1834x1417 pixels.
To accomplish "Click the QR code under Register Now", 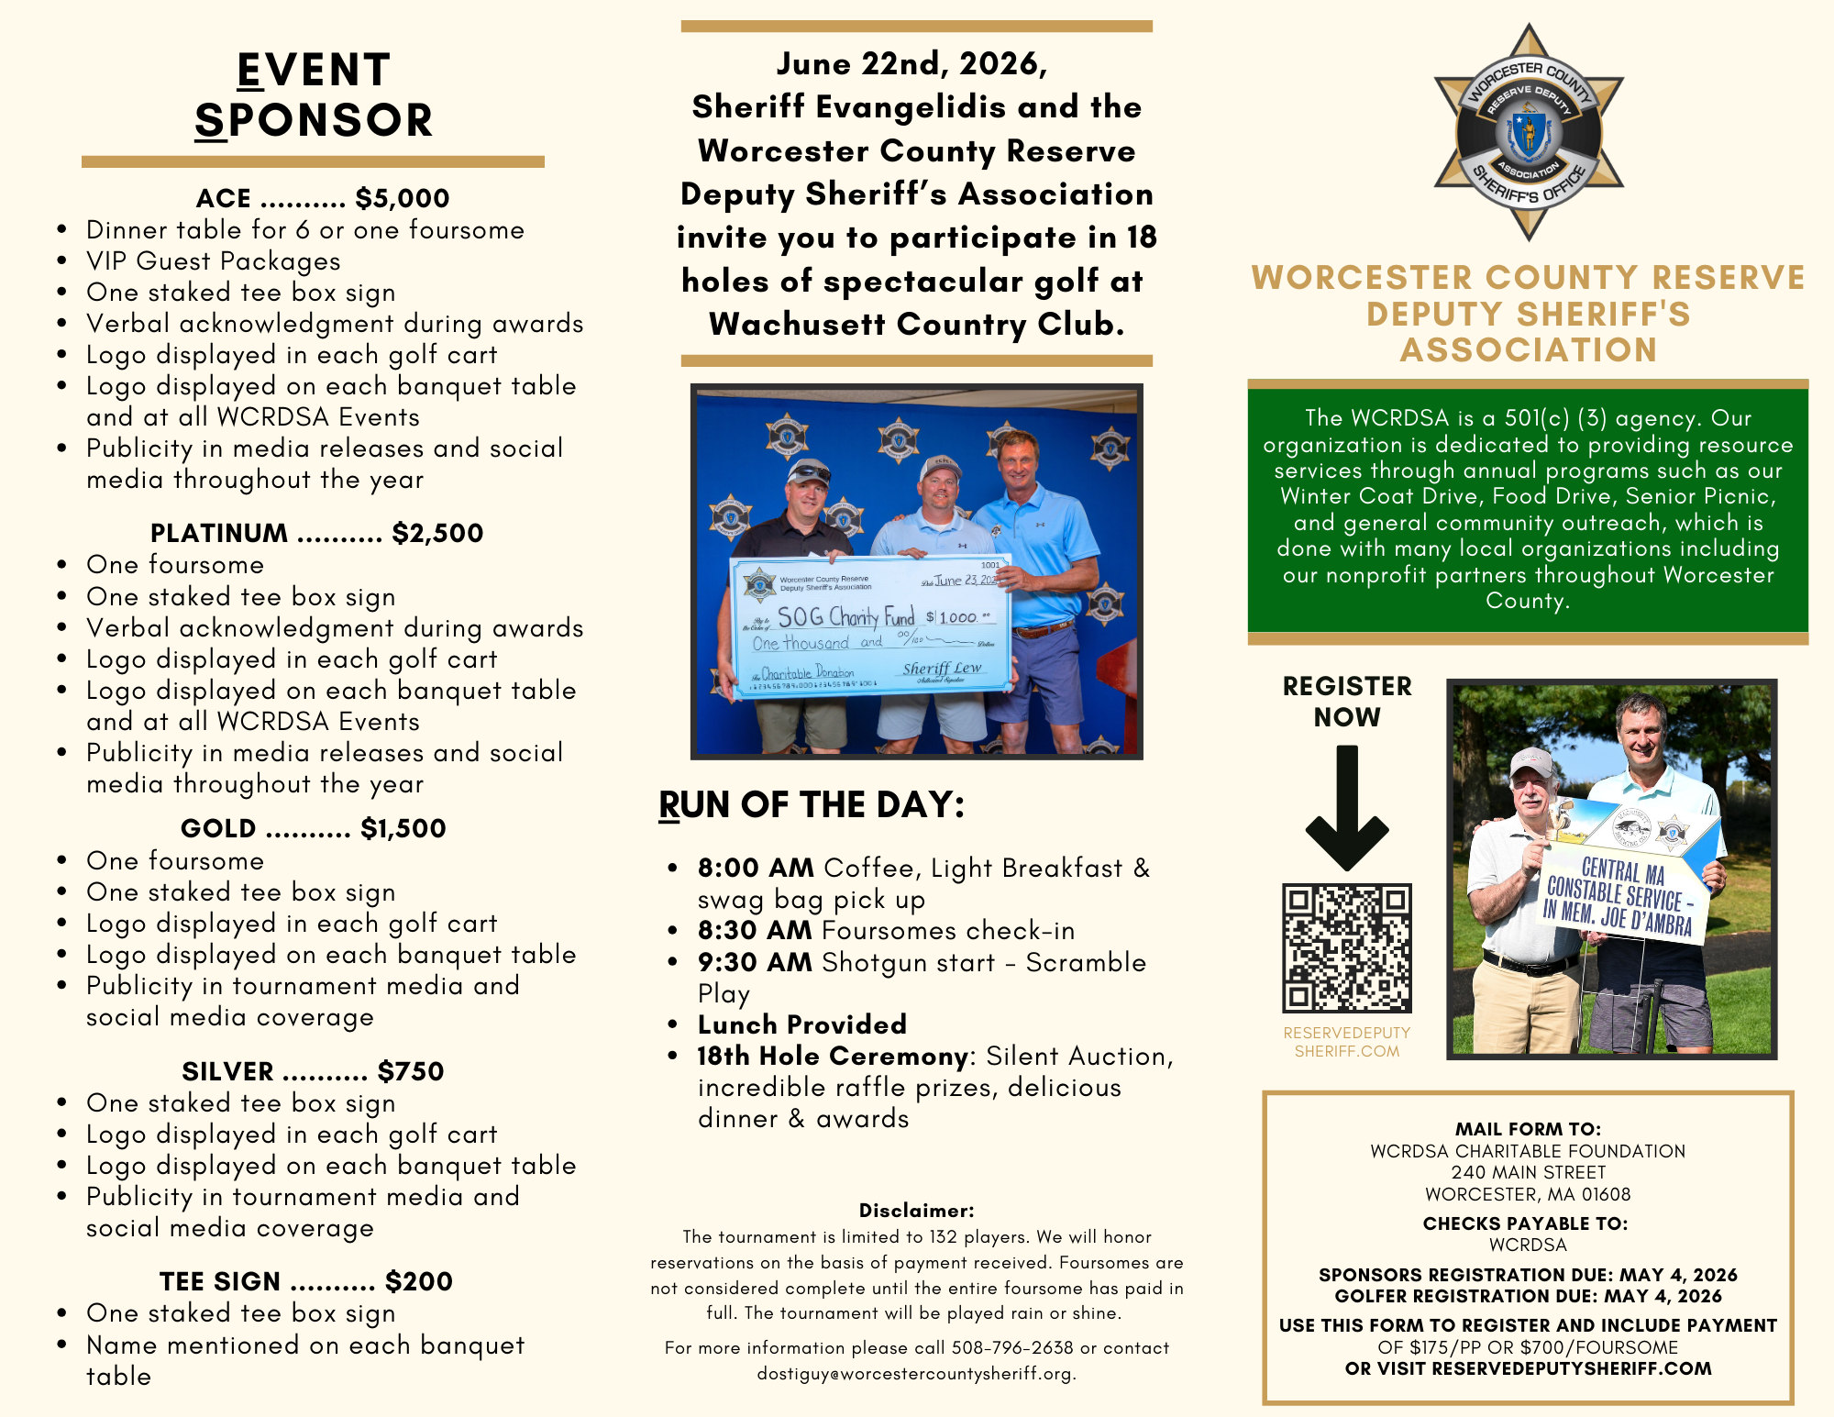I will pyautogui.click(x=1346, y=947).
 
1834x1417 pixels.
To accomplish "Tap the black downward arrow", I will pyautogui.click(x=1346, y=807).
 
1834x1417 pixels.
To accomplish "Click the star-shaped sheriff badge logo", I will pyautogui.click(x=1529, y=132).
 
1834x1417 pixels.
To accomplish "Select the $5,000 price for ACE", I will pyautogui.click(x=403, y=198).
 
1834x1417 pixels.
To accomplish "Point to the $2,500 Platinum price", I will pyautogui.click(x=437, y=533).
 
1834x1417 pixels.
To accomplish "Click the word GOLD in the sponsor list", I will pyautogui.click(x=218, y=828).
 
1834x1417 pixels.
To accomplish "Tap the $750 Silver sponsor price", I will pyautogui.click(x=411, y=1071).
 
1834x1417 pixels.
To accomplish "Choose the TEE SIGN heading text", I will pyautogui.click(x=220, y=1281).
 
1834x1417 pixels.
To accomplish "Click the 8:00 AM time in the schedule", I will pyautogui.click(x=756, y=868).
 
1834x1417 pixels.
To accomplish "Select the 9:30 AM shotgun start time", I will pyautogui.click(x=755, y=962).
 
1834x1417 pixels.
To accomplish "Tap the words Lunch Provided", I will pyautogui.click(x=802, y=1024).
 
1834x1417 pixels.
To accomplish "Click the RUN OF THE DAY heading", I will pyautogui.click(x=812, y=804).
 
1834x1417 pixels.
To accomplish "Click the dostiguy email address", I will pyautogui.click(x=916, y=1373).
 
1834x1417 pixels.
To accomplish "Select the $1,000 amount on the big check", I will pyautogui.click(x=958, y=617).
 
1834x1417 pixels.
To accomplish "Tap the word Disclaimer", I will pyautogui.click(x=916, y=1211).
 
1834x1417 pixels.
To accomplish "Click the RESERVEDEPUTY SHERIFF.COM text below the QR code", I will pyautogui.click(x=1346, y=1042).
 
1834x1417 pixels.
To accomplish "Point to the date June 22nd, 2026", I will pyautogui.click(x=911, y=63).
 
